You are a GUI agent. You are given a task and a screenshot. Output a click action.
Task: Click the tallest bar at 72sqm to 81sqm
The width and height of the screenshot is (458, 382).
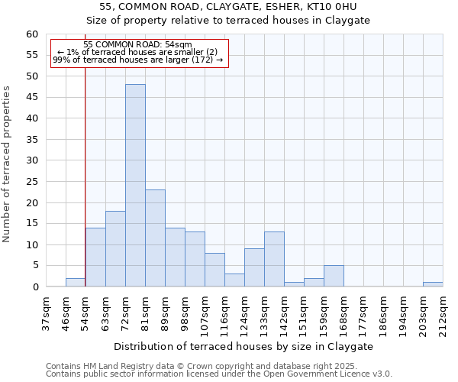[x=135, y=186]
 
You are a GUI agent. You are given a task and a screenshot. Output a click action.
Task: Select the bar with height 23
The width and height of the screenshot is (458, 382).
[x=155, y=238]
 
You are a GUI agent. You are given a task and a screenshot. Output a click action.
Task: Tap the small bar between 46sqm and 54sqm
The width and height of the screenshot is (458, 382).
[x=76, y=282]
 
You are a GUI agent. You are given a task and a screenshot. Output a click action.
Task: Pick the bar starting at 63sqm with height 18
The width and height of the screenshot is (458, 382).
[x=115, y=249]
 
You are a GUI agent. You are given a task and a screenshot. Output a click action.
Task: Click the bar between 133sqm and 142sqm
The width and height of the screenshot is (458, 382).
[x=274, y=260]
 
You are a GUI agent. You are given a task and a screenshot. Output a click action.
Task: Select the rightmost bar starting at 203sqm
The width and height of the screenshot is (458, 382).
[x=433, y=284]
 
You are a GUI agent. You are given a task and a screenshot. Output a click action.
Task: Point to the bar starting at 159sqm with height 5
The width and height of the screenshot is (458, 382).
[x=334, y=276]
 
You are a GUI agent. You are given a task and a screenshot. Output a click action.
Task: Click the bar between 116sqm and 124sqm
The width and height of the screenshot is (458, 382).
[x=234, y=280]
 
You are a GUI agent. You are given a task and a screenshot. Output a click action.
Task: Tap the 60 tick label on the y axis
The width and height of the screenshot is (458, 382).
[x=31, y=34]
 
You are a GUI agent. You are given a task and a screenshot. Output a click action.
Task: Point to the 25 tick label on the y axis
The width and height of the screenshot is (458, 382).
[x=31, y=182]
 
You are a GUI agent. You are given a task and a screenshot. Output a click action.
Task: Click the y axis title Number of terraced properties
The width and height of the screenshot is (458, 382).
[x=7, y=163]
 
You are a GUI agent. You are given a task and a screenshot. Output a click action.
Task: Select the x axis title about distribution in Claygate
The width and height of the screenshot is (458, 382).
[x=244, y=346]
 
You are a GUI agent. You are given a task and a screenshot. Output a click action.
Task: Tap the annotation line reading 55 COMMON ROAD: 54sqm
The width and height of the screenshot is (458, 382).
[x=138, y=45]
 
